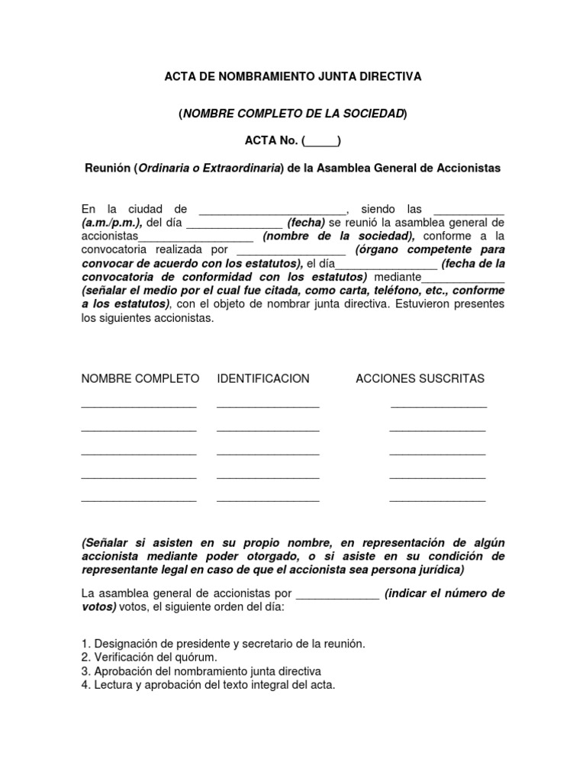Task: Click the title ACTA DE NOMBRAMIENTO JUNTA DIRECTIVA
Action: (293, 77)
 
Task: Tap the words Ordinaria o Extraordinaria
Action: (205, 169)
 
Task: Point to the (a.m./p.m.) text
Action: (111, 223)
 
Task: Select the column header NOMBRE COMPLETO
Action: (140, 379)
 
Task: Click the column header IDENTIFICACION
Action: (263, 379)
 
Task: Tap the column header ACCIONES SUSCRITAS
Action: (420, 379)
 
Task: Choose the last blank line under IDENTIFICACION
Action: (268, 500)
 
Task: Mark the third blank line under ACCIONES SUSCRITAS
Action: (437, 454)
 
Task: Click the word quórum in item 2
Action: (199, 657)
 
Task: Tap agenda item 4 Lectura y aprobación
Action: (208, 685)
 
